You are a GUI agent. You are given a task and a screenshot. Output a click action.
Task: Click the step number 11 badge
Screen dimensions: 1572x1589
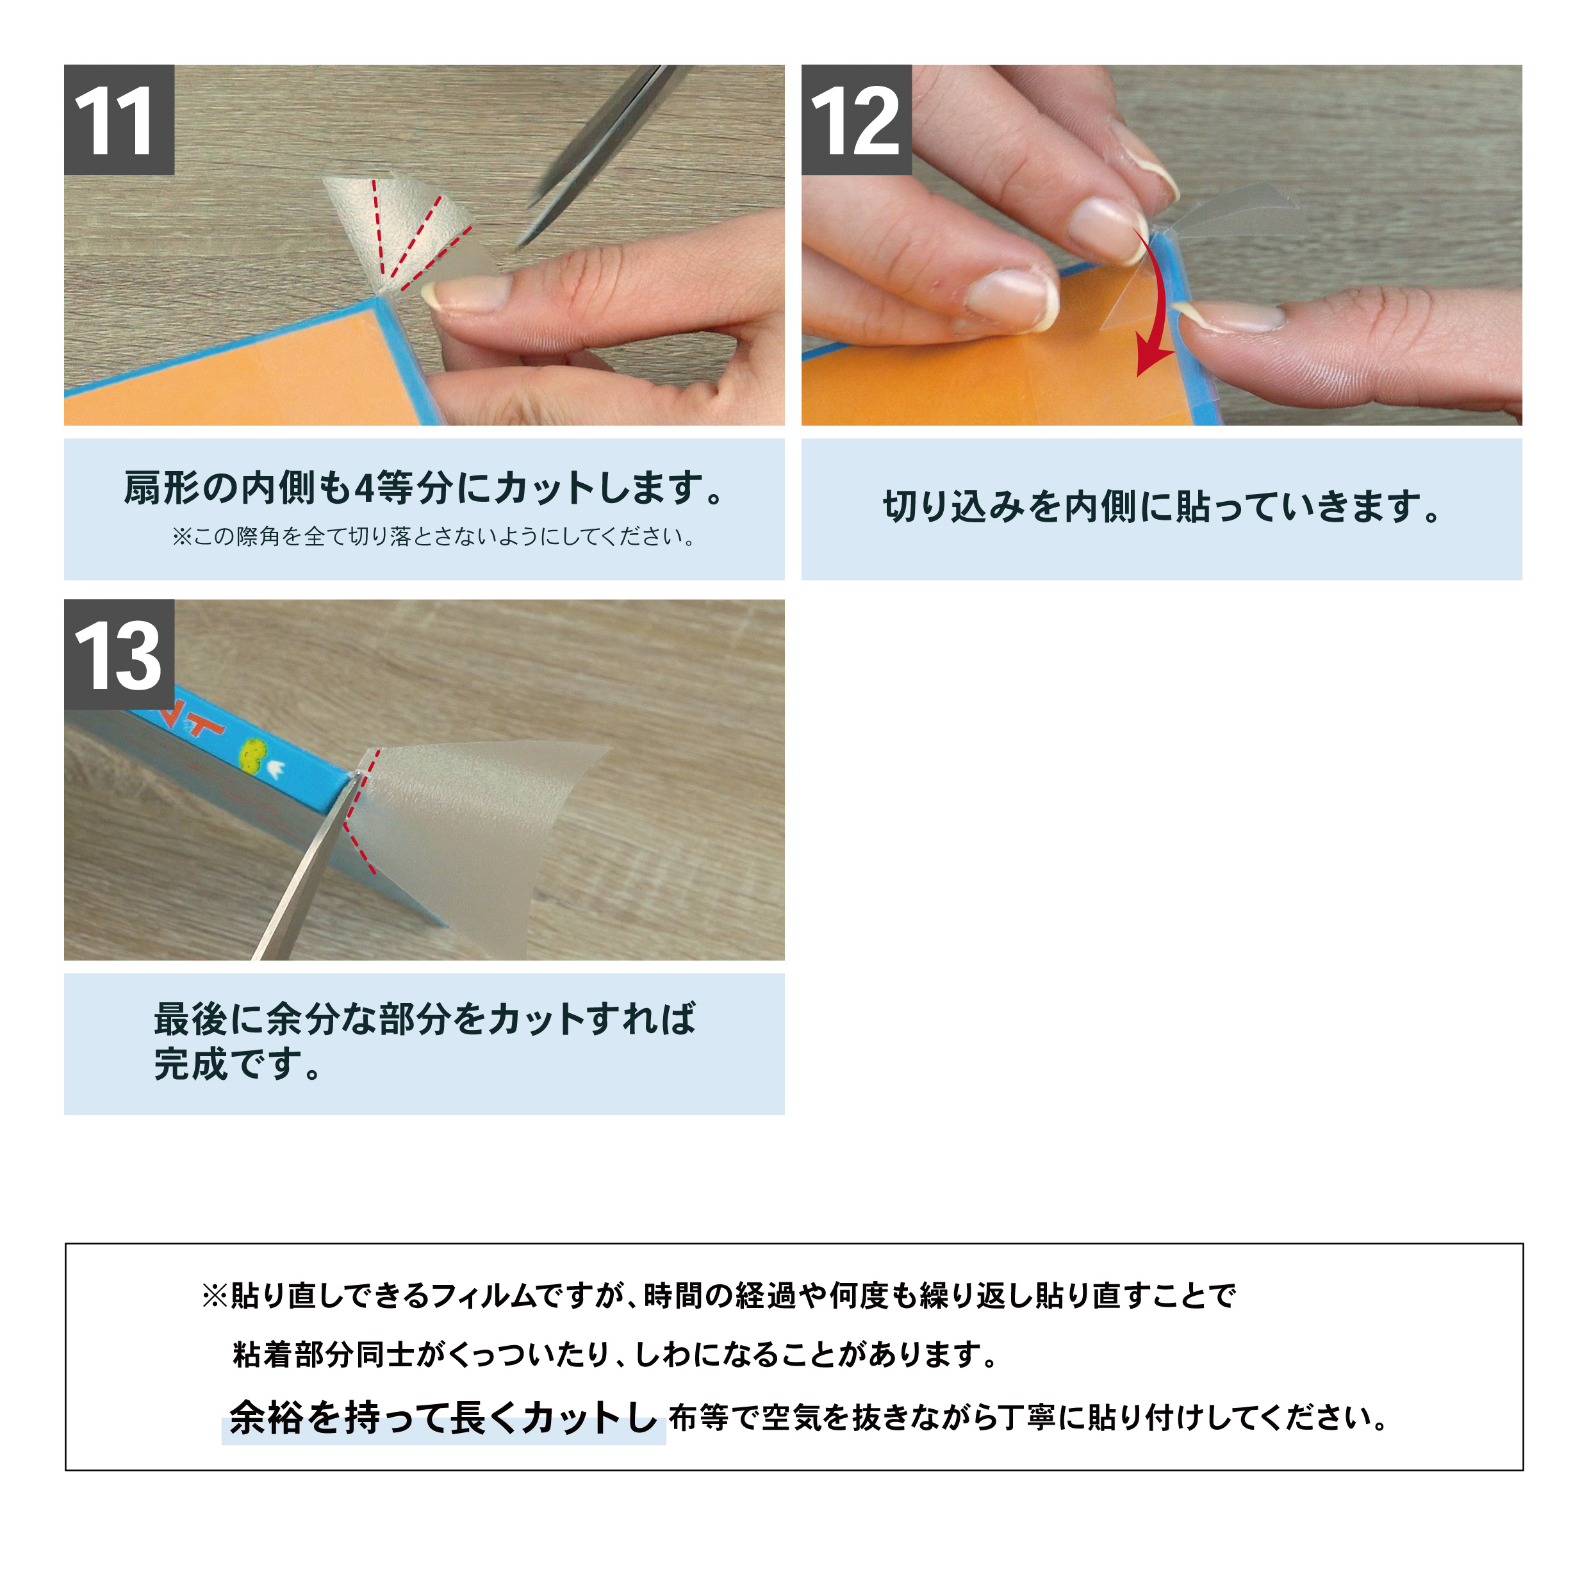119,120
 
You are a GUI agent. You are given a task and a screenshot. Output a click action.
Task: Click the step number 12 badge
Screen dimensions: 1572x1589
856,120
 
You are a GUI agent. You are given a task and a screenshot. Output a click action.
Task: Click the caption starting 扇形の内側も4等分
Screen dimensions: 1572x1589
424,488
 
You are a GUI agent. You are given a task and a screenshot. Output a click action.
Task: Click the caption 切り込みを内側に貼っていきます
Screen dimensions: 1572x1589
1162,507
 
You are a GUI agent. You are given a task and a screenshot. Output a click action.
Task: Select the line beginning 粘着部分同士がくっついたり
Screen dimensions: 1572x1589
615,1355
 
